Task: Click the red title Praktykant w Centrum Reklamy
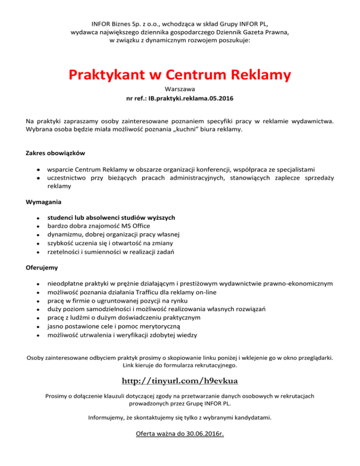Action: [x=180, y=75]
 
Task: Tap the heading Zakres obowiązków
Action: [x=55, y=153]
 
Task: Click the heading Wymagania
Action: [x=43, y=203]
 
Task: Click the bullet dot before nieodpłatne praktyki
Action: [x=30, y=284]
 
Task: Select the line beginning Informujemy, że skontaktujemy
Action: [x=180, y=417]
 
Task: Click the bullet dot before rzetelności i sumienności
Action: [x=30, y=252]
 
